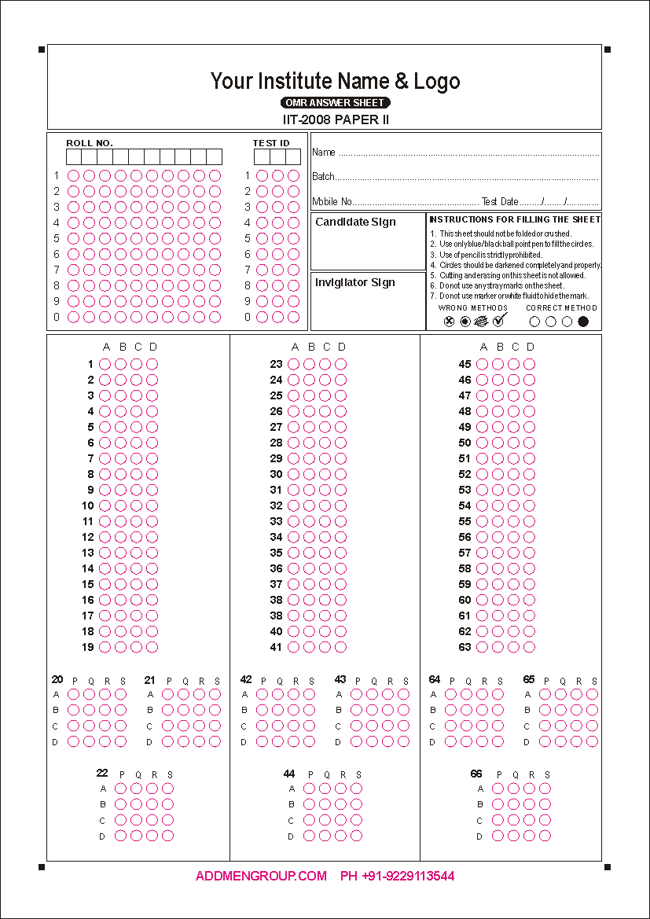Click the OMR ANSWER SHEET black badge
coord(336,103)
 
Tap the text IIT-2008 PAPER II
coord(336,119)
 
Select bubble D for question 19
coord(152,647)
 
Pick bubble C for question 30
coord(325,474)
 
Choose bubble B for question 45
coord(498,364)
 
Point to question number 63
coord(465,647)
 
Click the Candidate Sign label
coord(355,222)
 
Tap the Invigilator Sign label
coord(355,282)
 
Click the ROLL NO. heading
coord(90,143)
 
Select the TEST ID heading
coord(270,143)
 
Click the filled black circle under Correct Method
coord(583,321)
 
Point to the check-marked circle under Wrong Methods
coord(498,320)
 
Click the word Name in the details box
coord(324,153)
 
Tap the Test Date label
coord(500,202)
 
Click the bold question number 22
coord(102,774)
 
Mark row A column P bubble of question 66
coord(498,789)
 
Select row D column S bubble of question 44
coord(356,836)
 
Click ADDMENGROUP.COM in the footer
coord(261,876)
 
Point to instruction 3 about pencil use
coord(490,255)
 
